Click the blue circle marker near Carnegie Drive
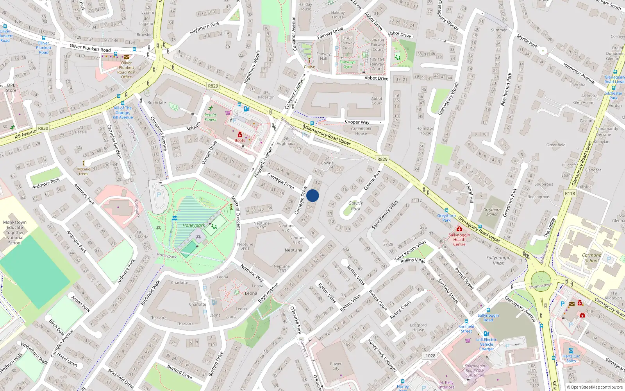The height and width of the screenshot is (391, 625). [312, 195]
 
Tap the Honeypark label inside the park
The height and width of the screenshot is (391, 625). [193, 225]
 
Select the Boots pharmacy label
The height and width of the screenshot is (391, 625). [240, 140]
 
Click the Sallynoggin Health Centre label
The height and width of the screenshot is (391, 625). [459, 239]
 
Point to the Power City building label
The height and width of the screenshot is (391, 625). [336, 366]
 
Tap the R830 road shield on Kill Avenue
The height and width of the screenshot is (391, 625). [43, 128]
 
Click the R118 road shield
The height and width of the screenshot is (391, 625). [570, 193]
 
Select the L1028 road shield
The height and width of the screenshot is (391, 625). [429, 355]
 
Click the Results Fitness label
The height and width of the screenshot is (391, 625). [210, 117]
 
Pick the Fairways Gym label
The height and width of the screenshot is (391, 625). [347, 64]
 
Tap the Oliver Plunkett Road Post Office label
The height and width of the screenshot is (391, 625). [127, 70]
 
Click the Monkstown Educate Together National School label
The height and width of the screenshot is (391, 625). [15, 232]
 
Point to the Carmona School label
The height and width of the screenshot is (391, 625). [591, 258]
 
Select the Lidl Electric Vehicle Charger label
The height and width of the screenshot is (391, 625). [487, 344]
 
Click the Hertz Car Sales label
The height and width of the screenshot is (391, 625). [571, 359]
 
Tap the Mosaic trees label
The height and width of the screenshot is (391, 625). [84, 171]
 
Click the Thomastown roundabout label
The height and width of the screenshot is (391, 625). [541, 285]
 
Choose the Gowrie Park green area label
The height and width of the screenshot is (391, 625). [355, 206]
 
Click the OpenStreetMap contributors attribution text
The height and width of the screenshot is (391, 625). [595, 387]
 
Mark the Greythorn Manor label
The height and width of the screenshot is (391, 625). [492, 212]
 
